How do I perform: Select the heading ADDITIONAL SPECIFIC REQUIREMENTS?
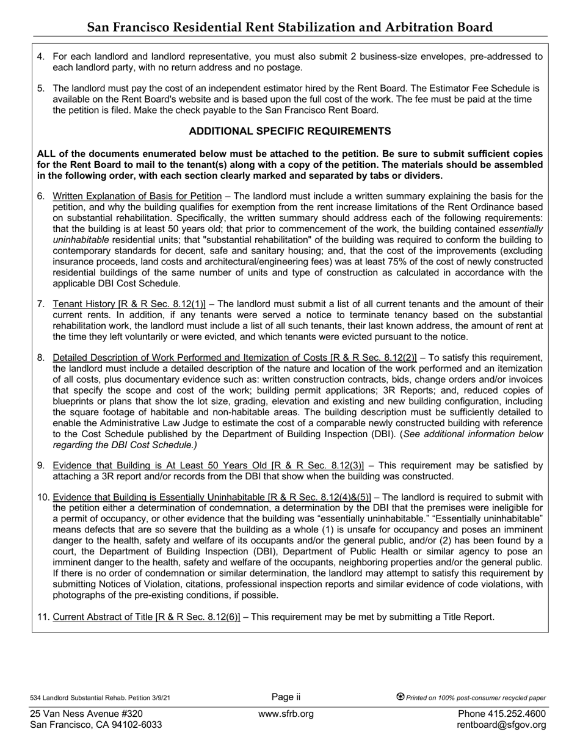point(290,131)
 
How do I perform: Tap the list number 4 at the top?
point(40,57)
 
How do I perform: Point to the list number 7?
point(40,304)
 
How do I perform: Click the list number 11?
point(43,617)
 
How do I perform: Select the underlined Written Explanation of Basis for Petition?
point(137,196)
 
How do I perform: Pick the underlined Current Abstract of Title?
point(103,617)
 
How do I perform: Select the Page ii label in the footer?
point(286,697)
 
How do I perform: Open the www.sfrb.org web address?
point(286,714)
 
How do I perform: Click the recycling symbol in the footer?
point(401,697)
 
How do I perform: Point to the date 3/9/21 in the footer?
point(159,698)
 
